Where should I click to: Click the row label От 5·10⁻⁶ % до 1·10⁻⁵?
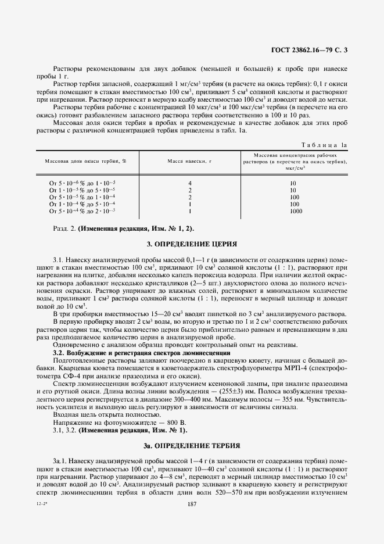coord(82,183)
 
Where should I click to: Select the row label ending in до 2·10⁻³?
coord(82,211)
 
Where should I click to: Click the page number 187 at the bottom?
coord(191,521)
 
